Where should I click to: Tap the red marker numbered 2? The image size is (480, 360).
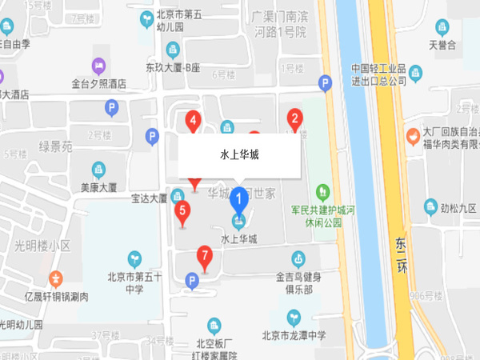[294, 122]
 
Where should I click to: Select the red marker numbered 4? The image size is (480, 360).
[193, 122]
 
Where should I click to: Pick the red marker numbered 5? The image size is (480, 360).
[182, 213]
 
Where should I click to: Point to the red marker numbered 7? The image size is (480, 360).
[206, 258]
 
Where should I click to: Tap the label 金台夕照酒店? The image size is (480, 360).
[99, 82]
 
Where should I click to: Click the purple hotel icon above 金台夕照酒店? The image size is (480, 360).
[98, 64]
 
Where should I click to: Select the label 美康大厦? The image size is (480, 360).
[98, 188]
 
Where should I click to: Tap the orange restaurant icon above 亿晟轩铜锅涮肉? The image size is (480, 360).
[56, 279]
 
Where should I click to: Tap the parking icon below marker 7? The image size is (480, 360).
[190, 279]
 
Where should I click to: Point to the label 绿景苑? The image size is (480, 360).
[55, 146]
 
